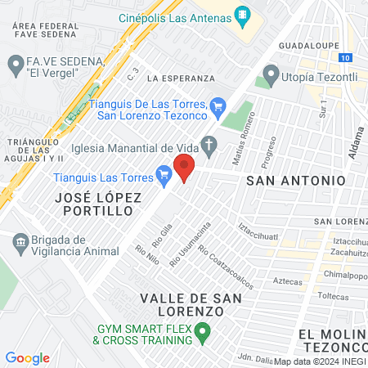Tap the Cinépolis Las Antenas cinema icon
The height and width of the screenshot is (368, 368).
tap(242, 15)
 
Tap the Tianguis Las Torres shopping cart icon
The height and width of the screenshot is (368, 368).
tap(164, 173)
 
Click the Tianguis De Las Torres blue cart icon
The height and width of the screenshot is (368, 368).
tap(217, 105)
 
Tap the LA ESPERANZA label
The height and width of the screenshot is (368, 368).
tap(181, 79)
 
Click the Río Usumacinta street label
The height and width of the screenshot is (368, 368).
tap(190, 243)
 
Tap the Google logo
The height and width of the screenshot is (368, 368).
tap(28, 357)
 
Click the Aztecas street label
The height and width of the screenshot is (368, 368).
tap(287, 280)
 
